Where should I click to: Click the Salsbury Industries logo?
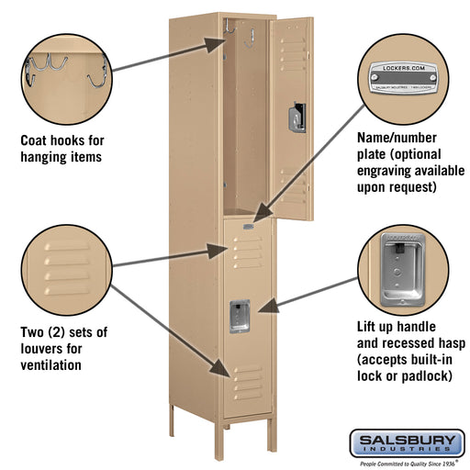pyautogui.click(x=406, y=444)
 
